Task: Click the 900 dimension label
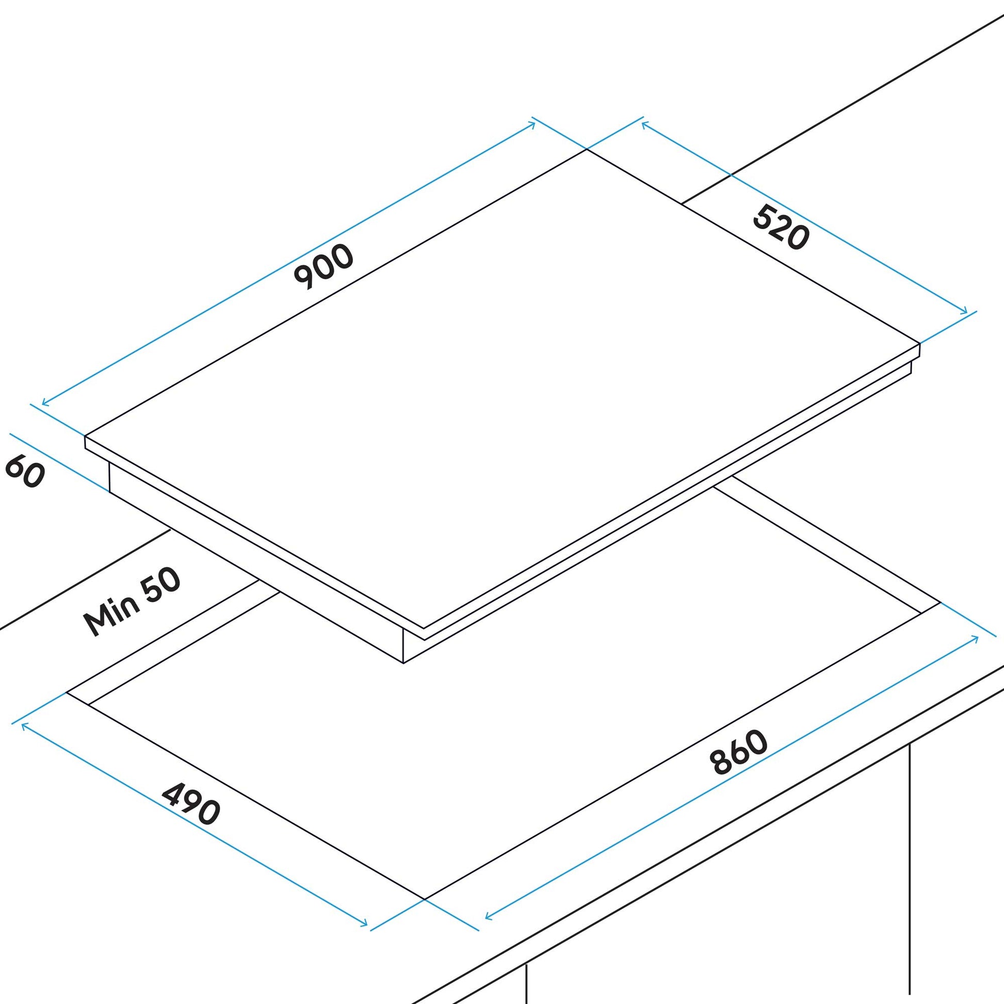[323, 266]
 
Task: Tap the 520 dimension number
[781, 227]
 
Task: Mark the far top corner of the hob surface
[587, 149]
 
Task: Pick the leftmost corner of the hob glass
[85, 436]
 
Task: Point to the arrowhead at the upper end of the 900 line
[533, 123]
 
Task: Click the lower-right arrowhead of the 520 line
[966, 313]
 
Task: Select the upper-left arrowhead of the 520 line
[644, 124]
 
